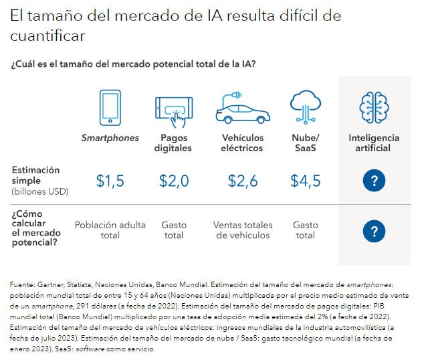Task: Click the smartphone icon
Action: coord(110,107)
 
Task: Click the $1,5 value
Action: coord(110,181)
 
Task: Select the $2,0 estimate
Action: coord(174,181)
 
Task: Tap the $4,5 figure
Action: coord(306,181)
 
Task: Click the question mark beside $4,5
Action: coord(374,181)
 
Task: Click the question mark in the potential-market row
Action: coord(374,232)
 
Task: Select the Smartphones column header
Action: coord(110,139)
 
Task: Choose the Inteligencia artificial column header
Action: coord(374,143)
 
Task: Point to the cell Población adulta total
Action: coord(110,230)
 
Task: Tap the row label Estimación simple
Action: coord(35,175)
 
